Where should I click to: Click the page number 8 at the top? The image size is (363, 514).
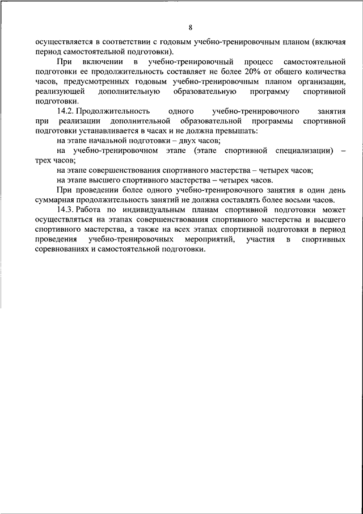click(x=191, y=27)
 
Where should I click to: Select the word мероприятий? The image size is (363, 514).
click(x=213, y=240)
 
